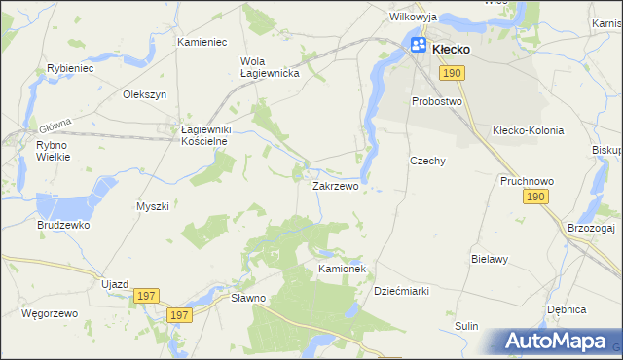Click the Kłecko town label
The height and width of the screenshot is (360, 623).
[452, 48]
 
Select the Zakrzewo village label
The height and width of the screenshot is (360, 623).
[335, 185]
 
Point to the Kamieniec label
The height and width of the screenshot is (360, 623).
[202, 43]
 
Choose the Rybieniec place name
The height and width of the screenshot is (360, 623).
[69, 68]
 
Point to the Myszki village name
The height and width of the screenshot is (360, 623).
[153, 206]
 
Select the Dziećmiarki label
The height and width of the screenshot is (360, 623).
[401, 291]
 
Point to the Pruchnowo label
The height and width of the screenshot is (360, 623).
[526, 181]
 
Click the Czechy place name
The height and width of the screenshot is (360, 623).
[427, 161]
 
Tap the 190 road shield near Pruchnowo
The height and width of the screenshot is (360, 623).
[532, 198]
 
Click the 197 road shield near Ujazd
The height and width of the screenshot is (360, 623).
[147, 296]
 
